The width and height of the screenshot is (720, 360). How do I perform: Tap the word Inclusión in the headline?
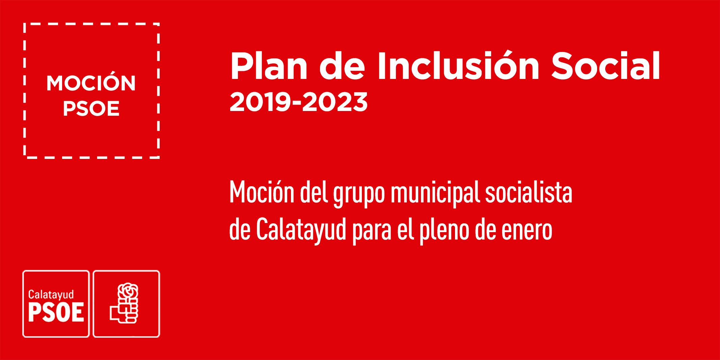[x=458, y=65]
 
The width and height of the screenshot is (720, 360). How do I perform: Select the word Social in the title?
[x=606, y=66]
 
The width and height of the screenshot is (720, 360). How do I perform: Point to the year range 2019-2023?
[x=298, y=102]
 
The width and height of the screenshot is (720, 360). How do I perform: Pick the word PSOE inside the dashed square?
[x=91, y=109]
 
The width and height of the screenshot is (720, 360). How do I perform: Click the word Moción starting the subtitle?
[x=262, y=192]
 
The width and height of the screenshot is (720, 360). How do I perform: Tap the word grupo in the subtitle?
[x=359, y=194]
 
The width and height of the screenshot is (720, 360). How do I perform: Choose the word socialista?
[x=529, y=192]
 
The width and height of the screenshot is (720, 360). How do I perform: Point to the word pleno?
[x=445, y=231]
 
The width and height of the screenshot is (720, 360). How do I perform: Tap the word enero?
[x=527, y=231]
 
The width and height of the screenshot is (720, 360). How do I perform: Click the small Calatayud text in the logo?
[x=51, y=295]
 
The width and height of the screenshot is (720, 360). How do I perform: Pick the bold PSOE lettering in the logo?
[x=56, y=312]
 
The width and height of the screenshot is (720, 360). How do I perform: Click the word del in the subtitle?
[x=314, y=192]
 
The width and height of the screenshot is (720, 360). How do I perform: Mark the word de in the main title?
[x=342, y=66]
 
